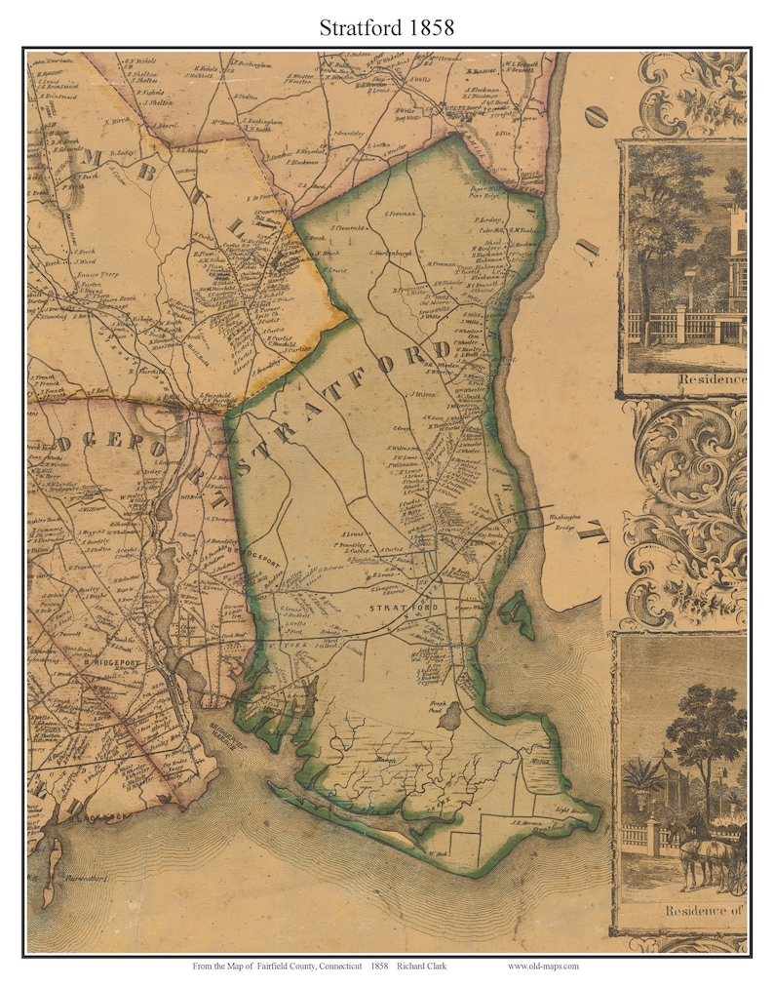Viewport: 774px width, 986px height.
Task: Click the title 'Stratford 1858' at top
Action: coord(387,27)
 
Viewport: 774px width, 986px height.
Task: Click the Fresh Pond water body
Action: coord(450,718)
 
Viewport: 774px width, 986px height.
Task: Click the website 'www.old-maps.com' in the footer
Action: coord(543,966)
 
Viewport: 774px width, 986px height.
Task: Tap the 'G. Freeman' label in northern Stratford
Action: coord(401,214)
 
